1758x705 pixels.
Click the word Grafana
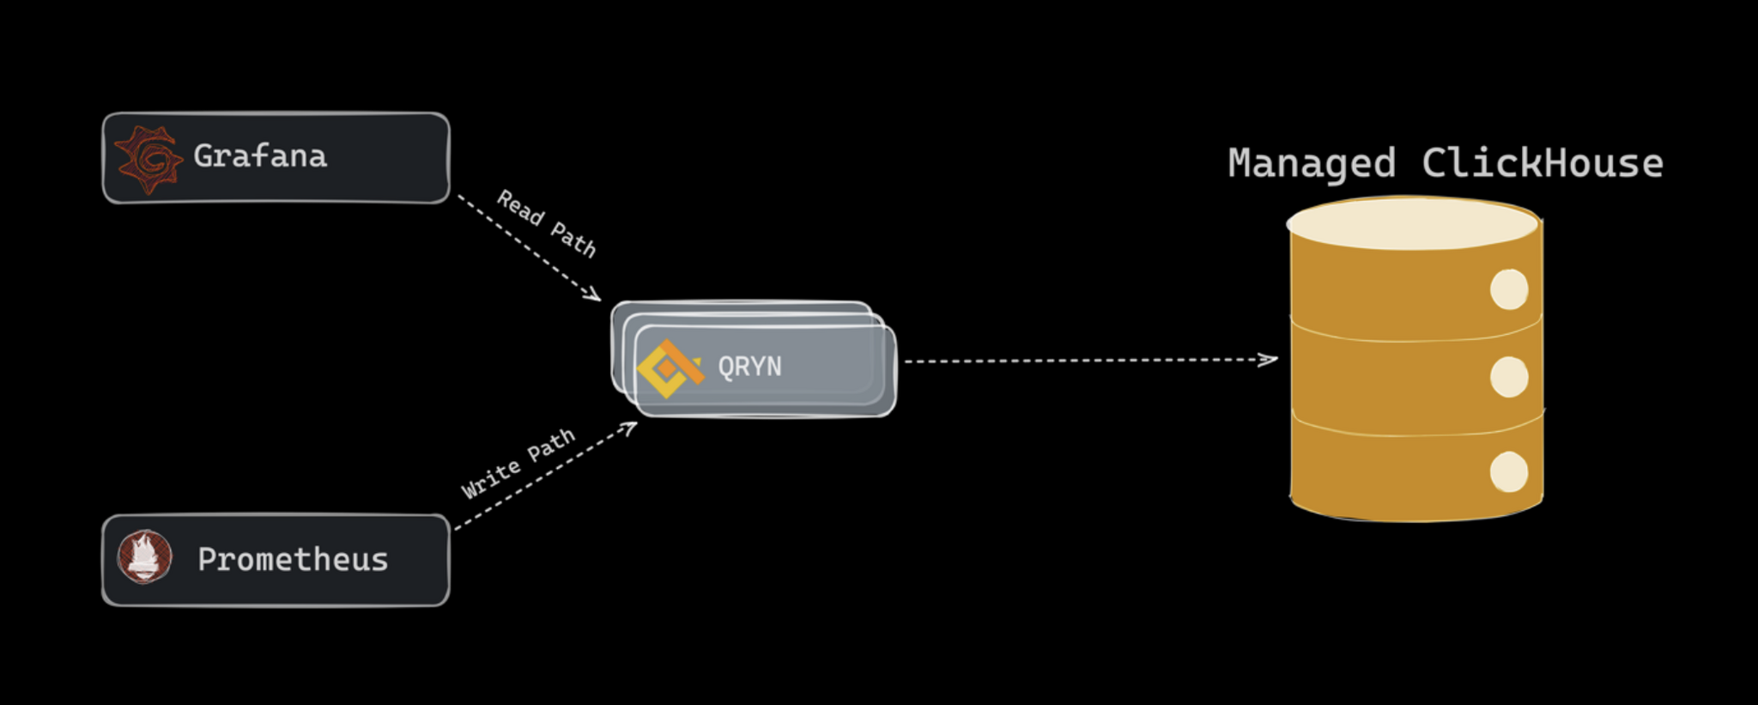(x=260, y=156)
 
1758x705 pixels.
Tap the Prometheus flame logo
(x=144, y=556)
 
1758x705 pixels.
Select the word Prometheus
(x=293, y=560)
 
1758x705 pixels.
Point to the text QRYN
(x=749, y=367)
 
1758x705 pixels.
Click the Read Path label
(x=547, y=222)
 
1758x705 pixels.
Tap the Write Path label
(x=518, y=463)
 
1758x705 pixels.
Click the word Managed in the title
(x=1311, y=163)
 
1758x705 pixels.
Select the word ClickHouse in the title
(x=1542, y=163)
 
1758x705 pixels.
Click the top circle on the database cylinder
(x=1508, y=289)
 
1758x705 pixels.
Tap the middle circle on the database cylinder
(x=1508, y=377)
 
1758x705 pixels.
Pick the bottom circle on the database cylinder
(x=1508, y=472)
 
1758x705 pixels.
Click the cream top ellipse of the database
(x=1412, y=223)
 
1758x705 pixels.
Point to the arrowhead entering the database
(x=1269, y=359)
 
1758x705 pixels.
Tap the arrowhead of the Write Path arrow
(x=629, y=427)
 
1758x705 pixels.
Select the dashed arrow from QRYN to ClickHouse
(x=1082, y=361)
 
